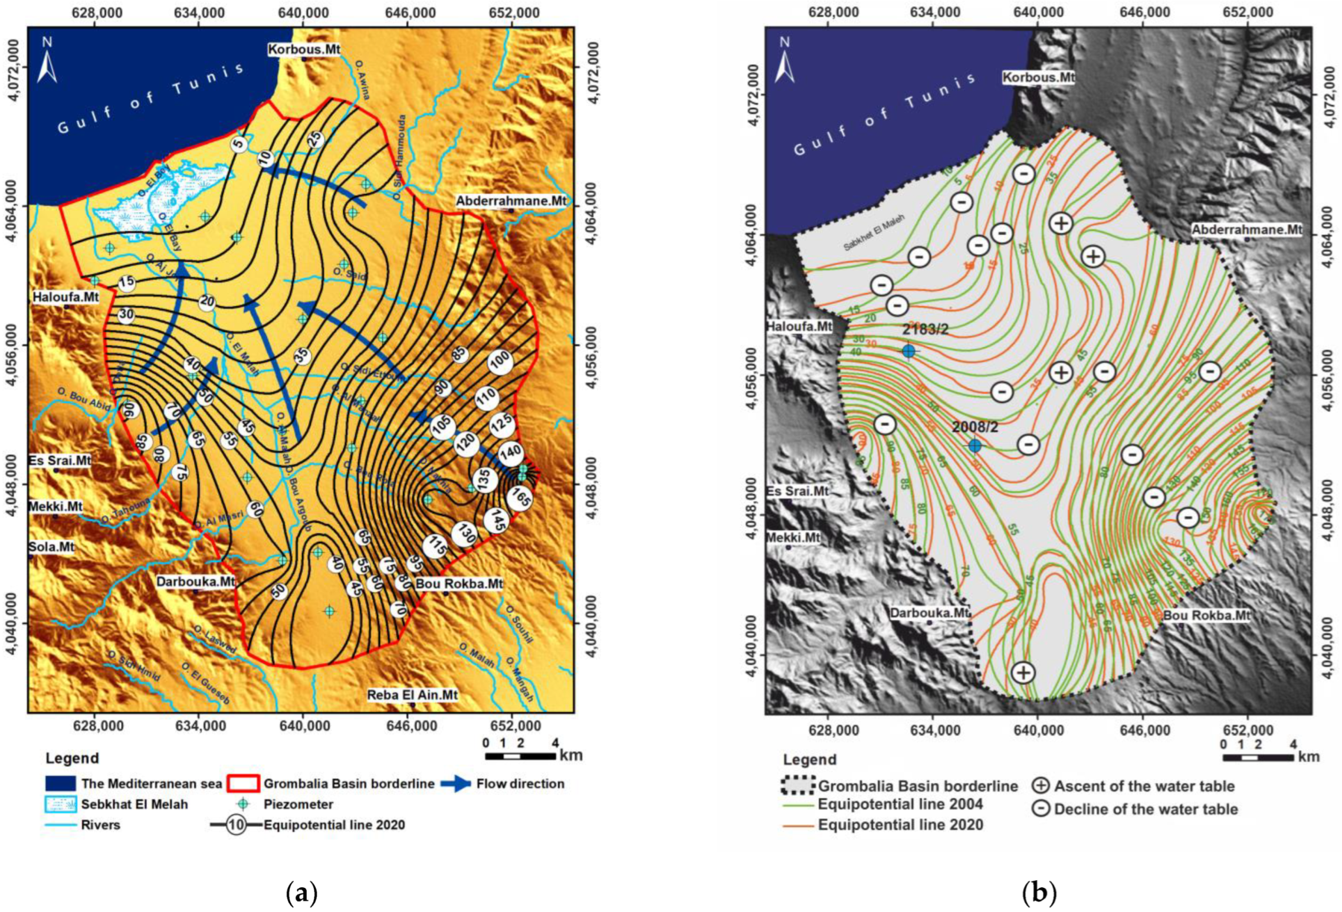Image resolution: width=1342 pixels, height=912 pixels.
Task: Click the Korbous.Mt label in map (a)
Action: tap(304, 50)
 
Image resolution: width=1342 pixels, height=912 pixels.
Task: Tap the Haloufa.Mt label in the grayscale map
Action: tap(799, 326)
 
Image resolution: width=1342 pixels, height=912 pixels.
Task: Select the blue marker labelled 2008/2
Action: tap(974, 446)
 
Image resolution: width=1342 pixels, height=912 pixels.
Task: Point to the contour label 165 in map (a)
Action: tap(519, 497)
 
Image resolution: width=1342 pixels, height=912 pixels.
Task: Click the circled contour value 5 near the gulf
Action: tap(238, 144)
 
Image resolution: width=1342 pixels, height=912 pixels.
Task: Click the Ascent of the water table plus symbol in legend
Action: tap(1042, 786)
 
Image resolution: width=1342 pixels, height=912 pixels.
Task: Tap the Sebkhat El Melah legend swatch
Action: tap(60, 804)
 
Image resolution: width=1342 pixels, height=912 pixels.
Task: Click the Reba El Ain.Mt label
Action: tap(412, 696)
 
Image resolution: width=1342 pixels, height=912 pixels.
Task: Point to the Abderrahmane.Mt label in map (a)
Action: tap(510, 202)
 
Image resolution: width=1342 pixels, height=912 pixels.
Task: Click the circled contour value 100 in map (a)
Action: tap(501, 362)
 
